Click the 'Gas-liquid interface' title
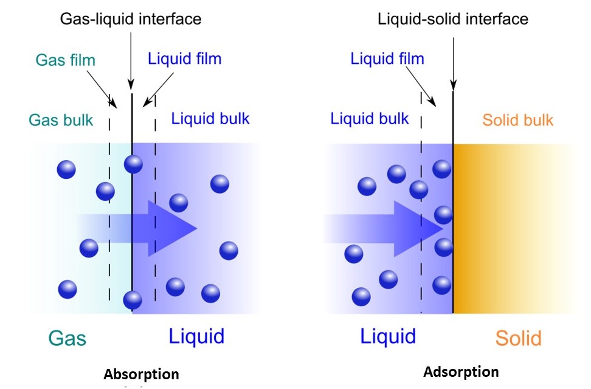click(x=130, y=19)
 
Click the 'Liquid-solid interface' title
click(x=453, y=19)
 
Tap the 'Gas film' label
click(x=66, y=60)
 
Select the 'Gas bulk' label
click(x=61, y=120)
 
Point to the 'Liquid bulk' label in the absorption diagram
click(x=210, y=118)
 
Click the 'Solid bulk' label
click(x=518, y=120)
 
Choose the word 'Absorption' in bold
click(x=141, y=374)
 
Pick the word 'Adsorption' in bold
click(x=461, y=371)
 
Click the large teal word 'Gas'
click(x=67, y=337)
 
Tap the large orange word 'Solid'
click(x=518, y=338)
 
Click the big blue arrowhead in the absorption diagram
click(x=176, y=229)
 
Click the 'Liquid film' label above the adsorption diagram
click(x=387, y=59)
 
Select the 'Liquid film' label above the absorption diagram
click(x=184, y=59)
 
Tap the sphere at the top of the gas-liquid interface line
click(x=133, y=164)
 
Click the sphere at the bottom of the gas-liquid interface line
click(x=132, y=300)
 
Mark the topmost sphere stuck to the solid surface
click(x=442, y=169)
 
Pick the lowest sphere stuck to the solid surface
click(x=442, y=284)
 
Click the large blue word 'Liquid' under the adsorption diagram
click(x=388, y=336)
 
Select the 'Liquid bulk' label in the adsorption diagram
click(x=370, y=118)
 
